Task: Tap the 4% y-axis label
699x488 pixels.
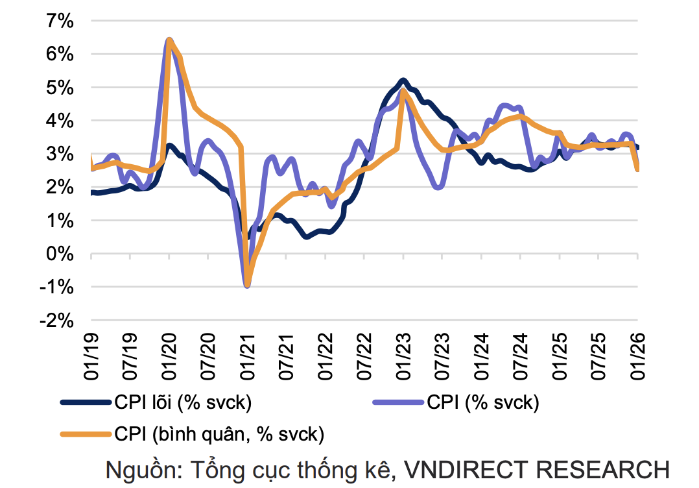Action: [60, 121]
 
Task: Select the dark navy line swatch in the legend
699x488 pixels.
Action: [86, 402]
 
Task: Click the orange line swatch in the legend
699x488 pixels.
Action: [86, 433]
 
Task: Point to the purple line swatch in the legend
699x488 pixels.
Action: [398, 402]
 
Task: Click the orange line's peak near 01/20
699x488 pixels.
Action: [170, 41]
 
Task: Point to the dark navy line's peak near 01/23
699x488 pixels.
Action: [403, 80]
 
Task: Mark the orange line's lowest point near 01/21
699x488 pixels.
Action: [247, 284]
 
